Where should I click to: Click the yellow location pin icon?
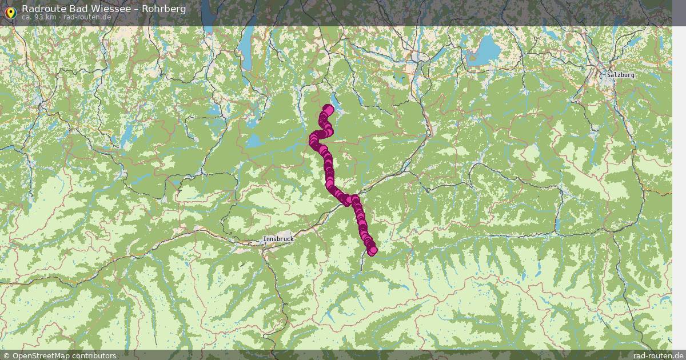pyautogui.click(x=10, y=13)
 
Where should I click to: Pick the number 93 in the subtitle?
pyautogui.click(x=39, y=17)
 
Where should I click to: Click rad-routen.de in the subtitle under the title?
pyautogui.click(x=87, y=17)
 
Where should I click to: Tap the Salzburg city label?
pyautogui.click(x=621, y=75)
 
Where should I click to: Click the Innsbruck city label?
pyautogui.click(x=278, y=238)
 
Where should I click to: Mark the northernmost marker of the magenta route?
pyautogui.click(x=328, y=109)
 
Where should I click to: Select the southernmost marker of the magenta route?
pyautogui.click(x=373, y=250)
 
